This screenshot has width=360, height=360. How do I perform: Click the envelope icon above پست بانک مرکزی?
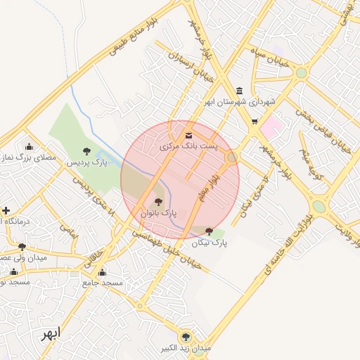[188, 135]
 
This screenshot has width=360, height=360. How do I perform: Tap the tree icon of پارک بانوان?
[157, 202]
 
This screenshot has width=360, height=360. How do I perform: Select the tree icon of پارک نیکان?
[209, 231]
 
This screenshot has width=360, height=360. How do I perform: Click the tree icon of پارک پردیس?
[86, 151]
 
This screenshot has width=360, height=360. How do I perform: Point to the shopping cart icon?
[254, 122]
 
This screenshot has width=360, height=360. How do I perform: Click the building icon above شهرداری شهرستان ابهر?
[240, 91]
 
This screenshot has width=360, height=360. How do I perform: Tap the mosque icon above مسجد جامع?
[102, 272]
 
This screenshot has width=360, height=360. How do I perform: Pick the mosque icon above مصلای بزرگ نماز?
[29, 147]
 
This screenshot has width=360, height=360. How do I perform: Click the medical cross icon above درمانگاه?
[6, 210]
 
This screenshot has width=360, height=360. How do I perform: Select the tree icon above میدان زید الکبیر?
[186, 337]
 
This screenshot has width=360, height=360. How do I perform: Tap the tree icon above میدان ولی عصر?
[22, 246]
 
